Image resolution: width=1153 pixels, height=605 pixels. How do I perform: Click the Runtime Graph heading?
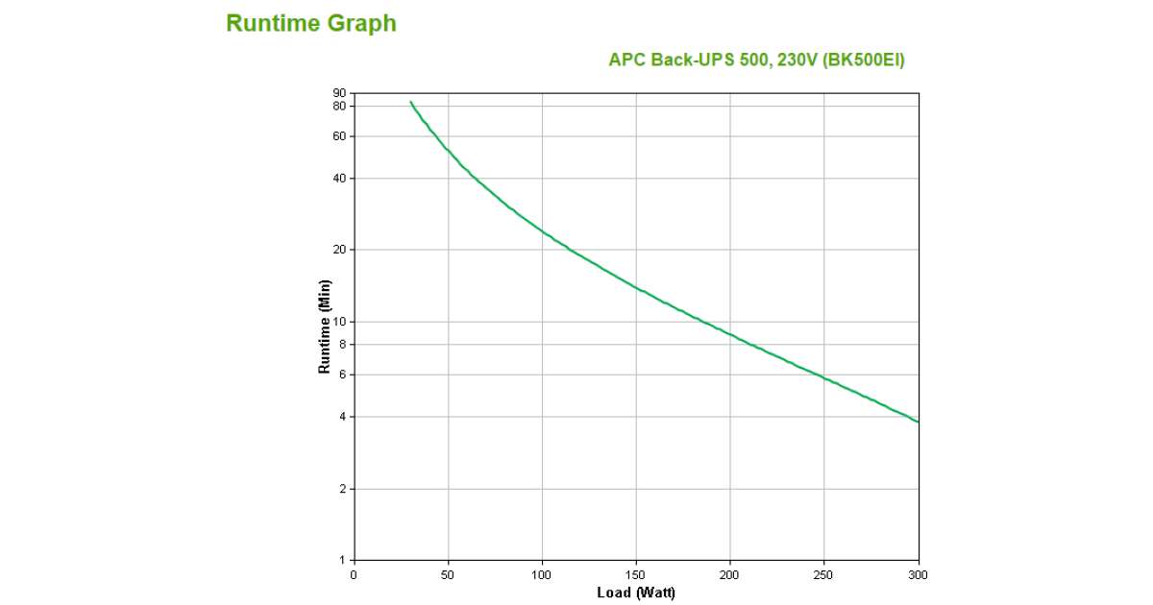click(310, 23)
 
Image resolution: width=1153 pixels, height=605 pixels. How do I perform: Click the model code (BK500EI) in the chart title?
click(863, 60)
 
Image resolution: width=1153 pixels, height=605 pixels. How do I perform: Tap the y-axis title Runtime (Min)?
click(325, 326)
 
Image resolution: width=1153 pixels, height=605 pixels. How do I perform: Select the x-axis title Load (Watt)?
click(635, 593)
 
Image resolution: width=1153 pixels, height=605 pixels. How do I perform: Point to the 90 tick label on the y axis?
click(339, 93)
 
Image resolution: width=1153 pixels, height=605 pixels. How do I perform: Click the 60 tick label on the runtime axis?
click(339, 136)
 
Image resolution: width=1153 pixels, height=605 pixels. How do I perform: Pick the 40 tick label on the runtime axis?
click(339, 179)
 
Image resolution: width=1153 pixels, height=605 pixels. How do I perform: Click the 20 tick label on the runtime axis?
click(339, 250)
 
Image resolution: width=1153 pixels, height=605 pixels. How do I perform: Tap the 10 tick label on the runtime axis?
click(339, 322)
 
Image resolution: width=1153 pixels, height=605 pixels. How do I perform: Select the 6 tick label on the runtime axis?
click(342, 375)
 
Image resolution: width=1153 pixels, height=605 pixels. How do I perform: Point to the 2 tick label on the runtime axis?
click(342, 489)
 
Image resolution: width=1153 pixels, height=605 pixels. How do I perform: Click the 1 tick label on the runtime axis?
click(342, 560)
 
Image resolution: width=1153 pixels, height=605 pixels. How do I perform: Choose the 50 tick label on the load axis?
click(448, 574)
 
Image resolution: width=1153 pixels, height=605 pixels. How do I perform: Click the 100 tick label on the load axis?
click(542, 574)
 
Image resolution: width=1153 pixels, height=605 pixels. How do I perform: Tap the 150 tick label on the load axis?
click(636, 574)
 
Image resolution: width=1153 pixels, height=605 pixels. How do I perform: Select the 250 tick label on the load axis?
click(824, 574)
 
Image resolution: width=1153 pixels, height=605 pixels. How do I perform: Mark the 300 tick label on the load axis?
click(919, 574)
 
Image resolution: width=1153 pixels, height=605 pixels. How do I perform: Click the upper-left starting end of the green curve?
click(411, 102)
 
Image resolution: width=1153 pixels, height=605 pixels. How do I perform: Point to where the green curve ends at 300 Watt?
click(918, 422)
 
